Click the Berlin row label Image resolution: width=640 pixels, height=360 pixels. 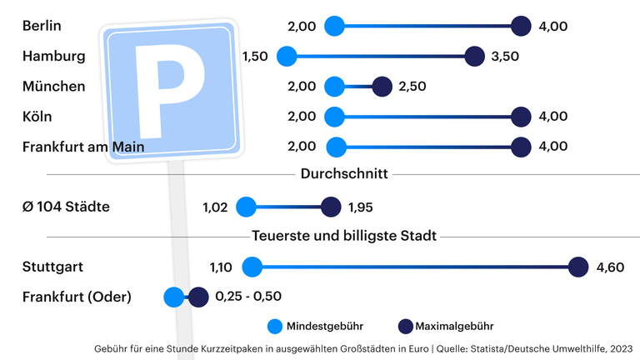[42, 26]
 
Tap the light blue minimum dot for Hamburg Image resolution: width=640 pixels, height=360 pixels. [287, 57]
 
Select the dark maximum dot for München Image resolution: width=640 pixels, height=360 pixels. [382, 87]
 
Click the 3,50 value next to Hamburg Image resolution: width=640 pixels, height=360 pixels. [506, 57]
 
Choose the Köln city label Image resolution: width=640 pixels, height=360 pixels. [37, 117]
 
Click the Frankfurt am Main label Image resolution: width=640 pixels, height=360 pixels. [84, 147]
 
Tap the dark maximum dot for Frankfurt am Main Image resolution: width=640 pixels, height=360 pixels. [522, 147]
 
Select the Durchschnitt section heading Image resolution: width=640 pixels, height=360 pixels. [344, 174]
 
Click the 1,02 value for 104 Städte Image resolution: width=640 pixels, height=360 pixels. [215, 207]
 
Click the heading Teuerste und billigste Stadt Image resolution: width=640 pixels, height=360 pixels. [344, 236]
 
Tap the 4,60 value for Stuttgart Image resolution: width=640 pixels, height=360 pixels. [611, 267]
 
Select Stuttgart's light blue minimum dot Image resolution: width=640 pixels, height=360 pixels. [252, 267]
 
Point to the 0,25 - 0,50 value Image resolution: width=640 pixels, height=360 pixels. [248, 297]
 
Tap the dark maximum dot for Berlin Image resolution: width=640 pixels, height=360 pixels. [522, 26]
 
